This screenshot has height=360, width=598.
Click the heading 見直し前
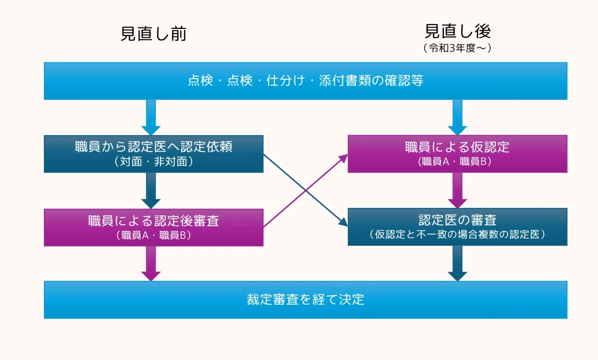tap(153, 34)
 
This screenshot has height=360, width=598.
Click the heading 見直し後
tap(457, 31)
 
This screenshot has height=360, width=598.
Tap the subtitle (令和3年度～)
tap(457, 48)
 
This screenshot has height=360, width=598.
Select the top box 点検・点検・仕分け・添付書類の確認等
tap(305, 81)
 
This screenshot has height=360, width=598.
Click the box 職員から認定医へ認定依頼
tap(153, 148)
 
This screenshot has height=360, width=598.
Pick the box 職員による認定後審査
tap(153, 221)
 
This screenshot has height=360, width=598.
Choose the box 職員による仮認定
tap(457, 148)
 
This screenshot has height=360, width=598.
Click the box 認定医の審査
tap(457, 220)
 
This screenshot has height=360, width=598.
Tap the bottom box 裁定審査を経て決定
tap(305, 299)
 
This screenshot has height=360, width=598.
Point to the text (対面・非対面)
tap(153, 162)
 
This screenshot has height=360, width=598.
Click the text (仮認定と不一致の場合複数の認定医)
tap(457, 234)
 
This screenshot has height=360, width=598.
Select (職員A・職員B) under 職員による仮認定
tap(457, 162)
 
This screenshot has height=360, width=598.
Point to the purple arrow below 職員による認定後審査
tap(150, 264)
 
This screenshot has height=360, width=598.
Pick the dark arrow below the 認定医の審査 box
tap(457, 264)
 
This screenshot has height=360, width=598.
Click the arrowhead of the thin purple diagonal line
tap(344, 157)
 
